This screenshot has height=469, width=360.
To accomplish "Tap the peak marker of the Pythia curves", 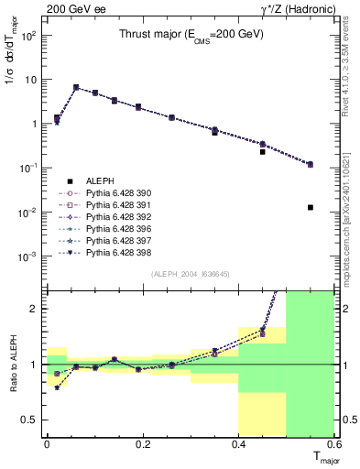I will pyautogui.click(x=76, y=88).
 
